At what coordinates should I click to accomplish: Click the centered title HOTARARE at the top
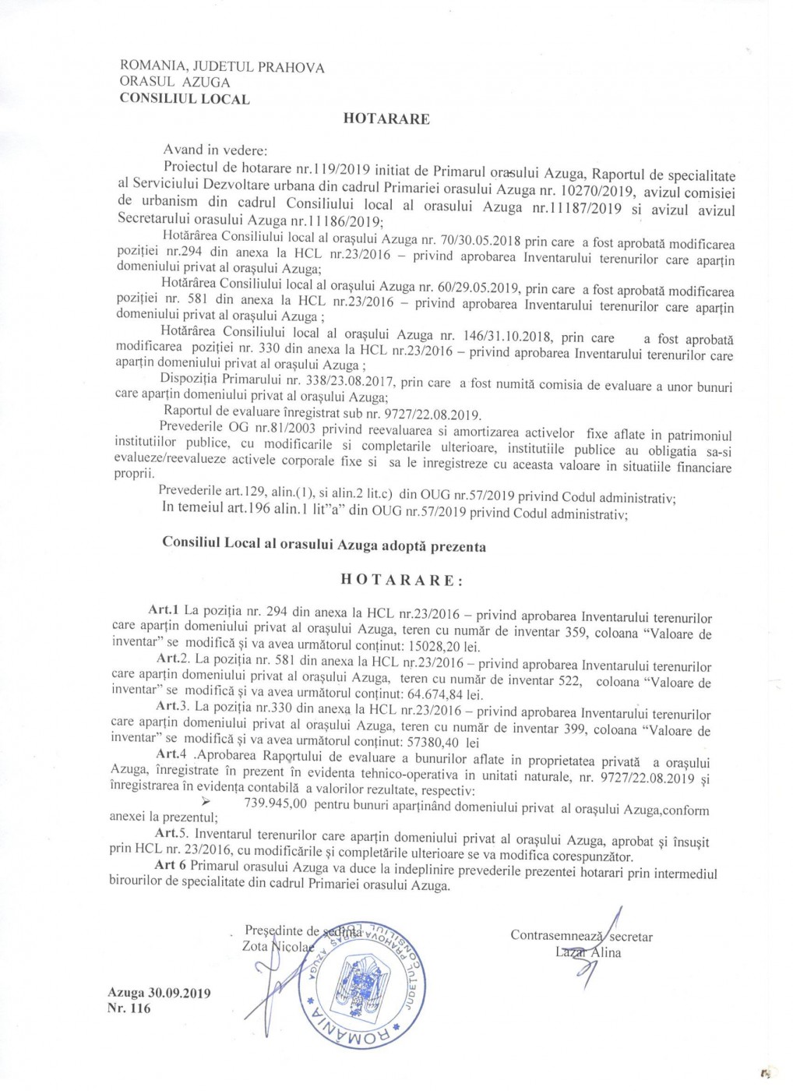[x=386, y=119]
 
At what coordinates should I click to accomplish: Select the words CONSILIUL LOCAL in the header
[x=185, y=99]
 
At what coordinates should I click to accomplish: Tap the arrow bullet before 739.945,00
[x=207, y=802]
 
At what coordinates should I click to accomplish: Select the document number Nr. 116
[x=130, y=1008]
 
